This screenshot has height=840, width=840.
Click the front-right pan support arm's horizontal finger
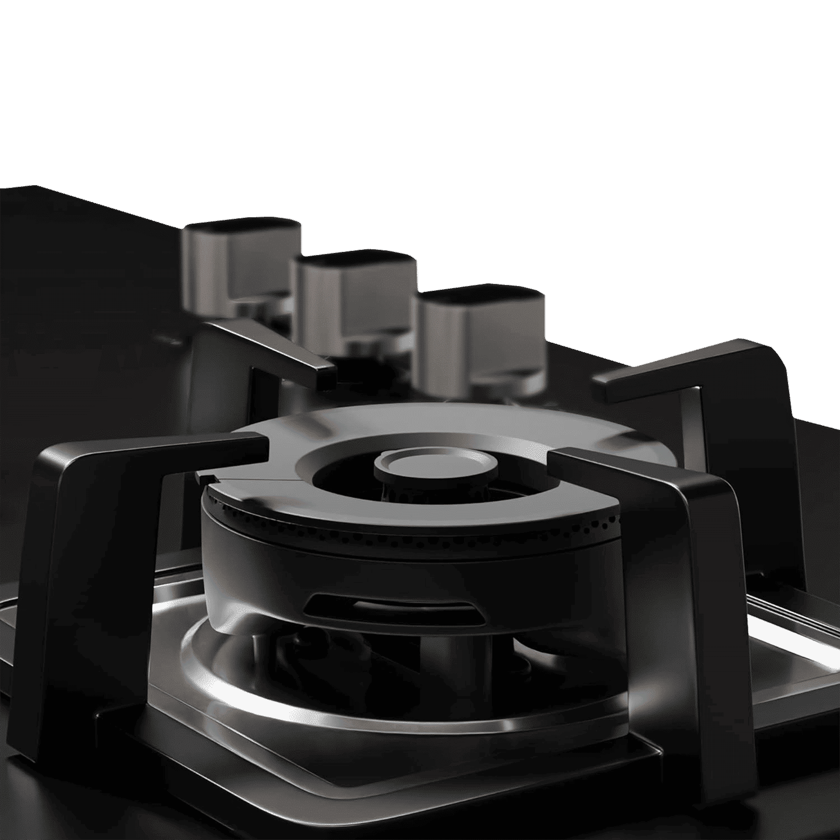[630, 462]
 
